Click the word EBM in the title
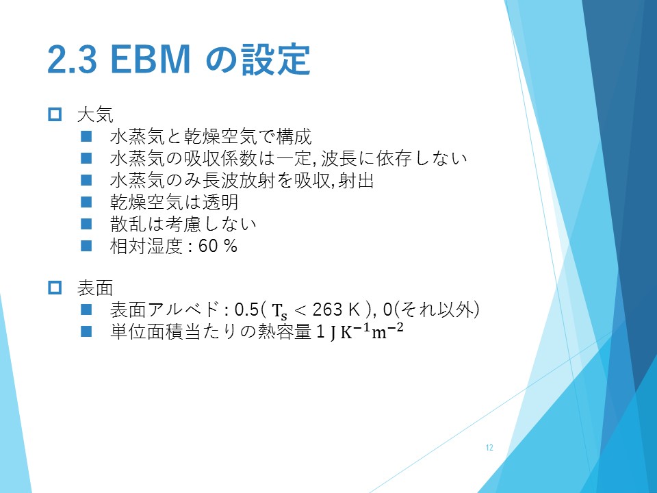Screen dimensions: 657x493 (151, 60)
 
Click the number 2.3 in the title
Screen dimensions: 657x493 (72, 60)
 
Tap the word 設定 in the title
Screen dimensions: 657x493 (276, 60)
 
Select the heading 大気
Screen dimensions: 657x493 (95, 114)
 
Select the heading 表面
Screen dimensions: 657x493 (95, 288)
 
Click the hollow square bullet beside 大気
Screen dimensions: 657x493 (55, 114)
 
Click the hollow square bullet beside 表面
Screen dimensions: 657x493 (55, 288)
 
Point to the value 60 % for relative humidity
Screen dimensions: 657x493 (218, 246)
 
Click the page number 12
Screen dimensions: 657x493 (489, 448)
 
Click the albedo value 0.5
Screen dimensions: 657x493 (247, 309)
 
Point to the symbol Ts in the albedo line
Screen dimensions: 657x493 (280, 312)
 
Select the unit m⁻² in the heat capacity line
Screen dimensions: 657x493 (387, 330)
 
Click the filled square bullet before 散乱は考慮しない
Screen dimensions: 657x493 (86, 224)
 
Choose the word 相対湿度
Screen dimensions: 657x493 (146, 246)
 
